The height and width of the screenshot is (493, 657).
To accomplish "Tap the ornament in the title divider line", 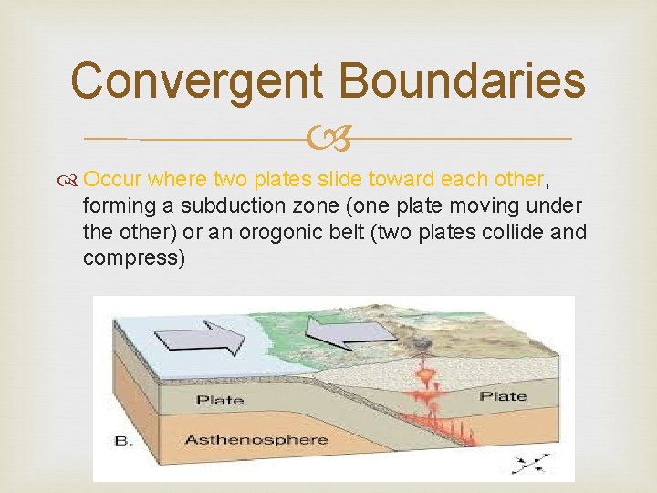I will click(328, 140).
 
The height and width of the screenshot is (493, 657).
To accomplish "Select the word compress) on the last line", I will click(133, 258).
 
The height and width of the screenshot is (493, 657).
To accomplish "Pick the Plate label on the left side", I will click(220, 400).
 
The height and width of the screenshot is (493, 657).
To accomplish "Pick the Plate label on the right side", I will click(504, 396).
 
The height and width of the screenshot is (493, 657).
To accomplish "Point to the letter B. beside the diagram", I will click(124, 441).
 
